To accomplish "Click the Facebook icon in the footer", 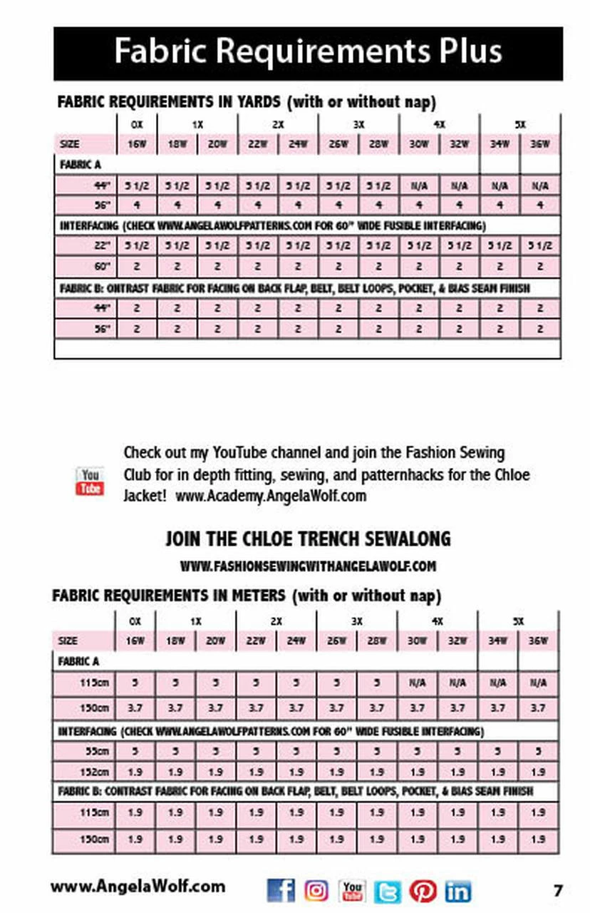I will click(x=281, y=889).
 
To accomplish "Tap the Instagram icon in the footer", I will click(x=316, y=889).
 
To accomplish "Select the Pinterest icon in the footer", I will click(x=423, y=890).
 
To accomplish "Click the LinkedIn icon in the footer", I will click(x=458, y=890).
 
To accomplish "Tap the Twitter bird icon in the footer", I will click(x=388, y=890).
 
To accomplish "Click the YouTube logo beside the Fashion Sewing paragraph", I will click(x=90, y=481).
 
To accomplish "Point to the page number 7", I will click(x=558, y=890).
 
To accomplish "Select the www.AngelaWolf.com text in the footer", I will click(x=138, y=887).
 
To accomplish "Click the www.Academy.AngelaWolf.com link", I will click(x=271, y=496).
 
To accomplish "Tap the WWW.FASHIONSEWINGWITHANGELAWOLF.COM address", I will click(x=308, y=566).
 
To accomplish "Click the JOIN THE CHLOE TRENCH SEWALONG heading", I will click(x=308, y=538).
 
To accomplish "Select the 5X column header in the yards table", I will click(x=521, y=124).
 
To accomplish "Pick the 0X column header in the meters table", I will click(x=135, y=621).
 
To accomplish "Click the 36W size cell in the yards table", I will click(x=541, y=143).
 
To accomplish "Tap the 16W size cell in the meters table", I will click(x=135, y=641).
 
